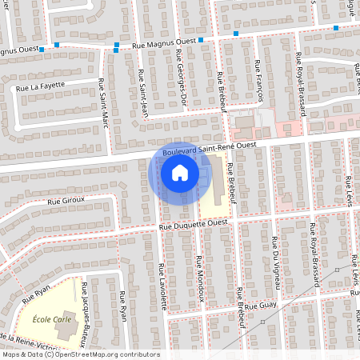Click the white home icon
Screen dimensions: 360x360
coord(180,172)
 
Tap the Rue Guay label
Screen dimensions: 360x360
coord(259,305)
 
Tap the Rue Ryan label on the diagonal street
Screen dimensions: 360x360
coord(36,294)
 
